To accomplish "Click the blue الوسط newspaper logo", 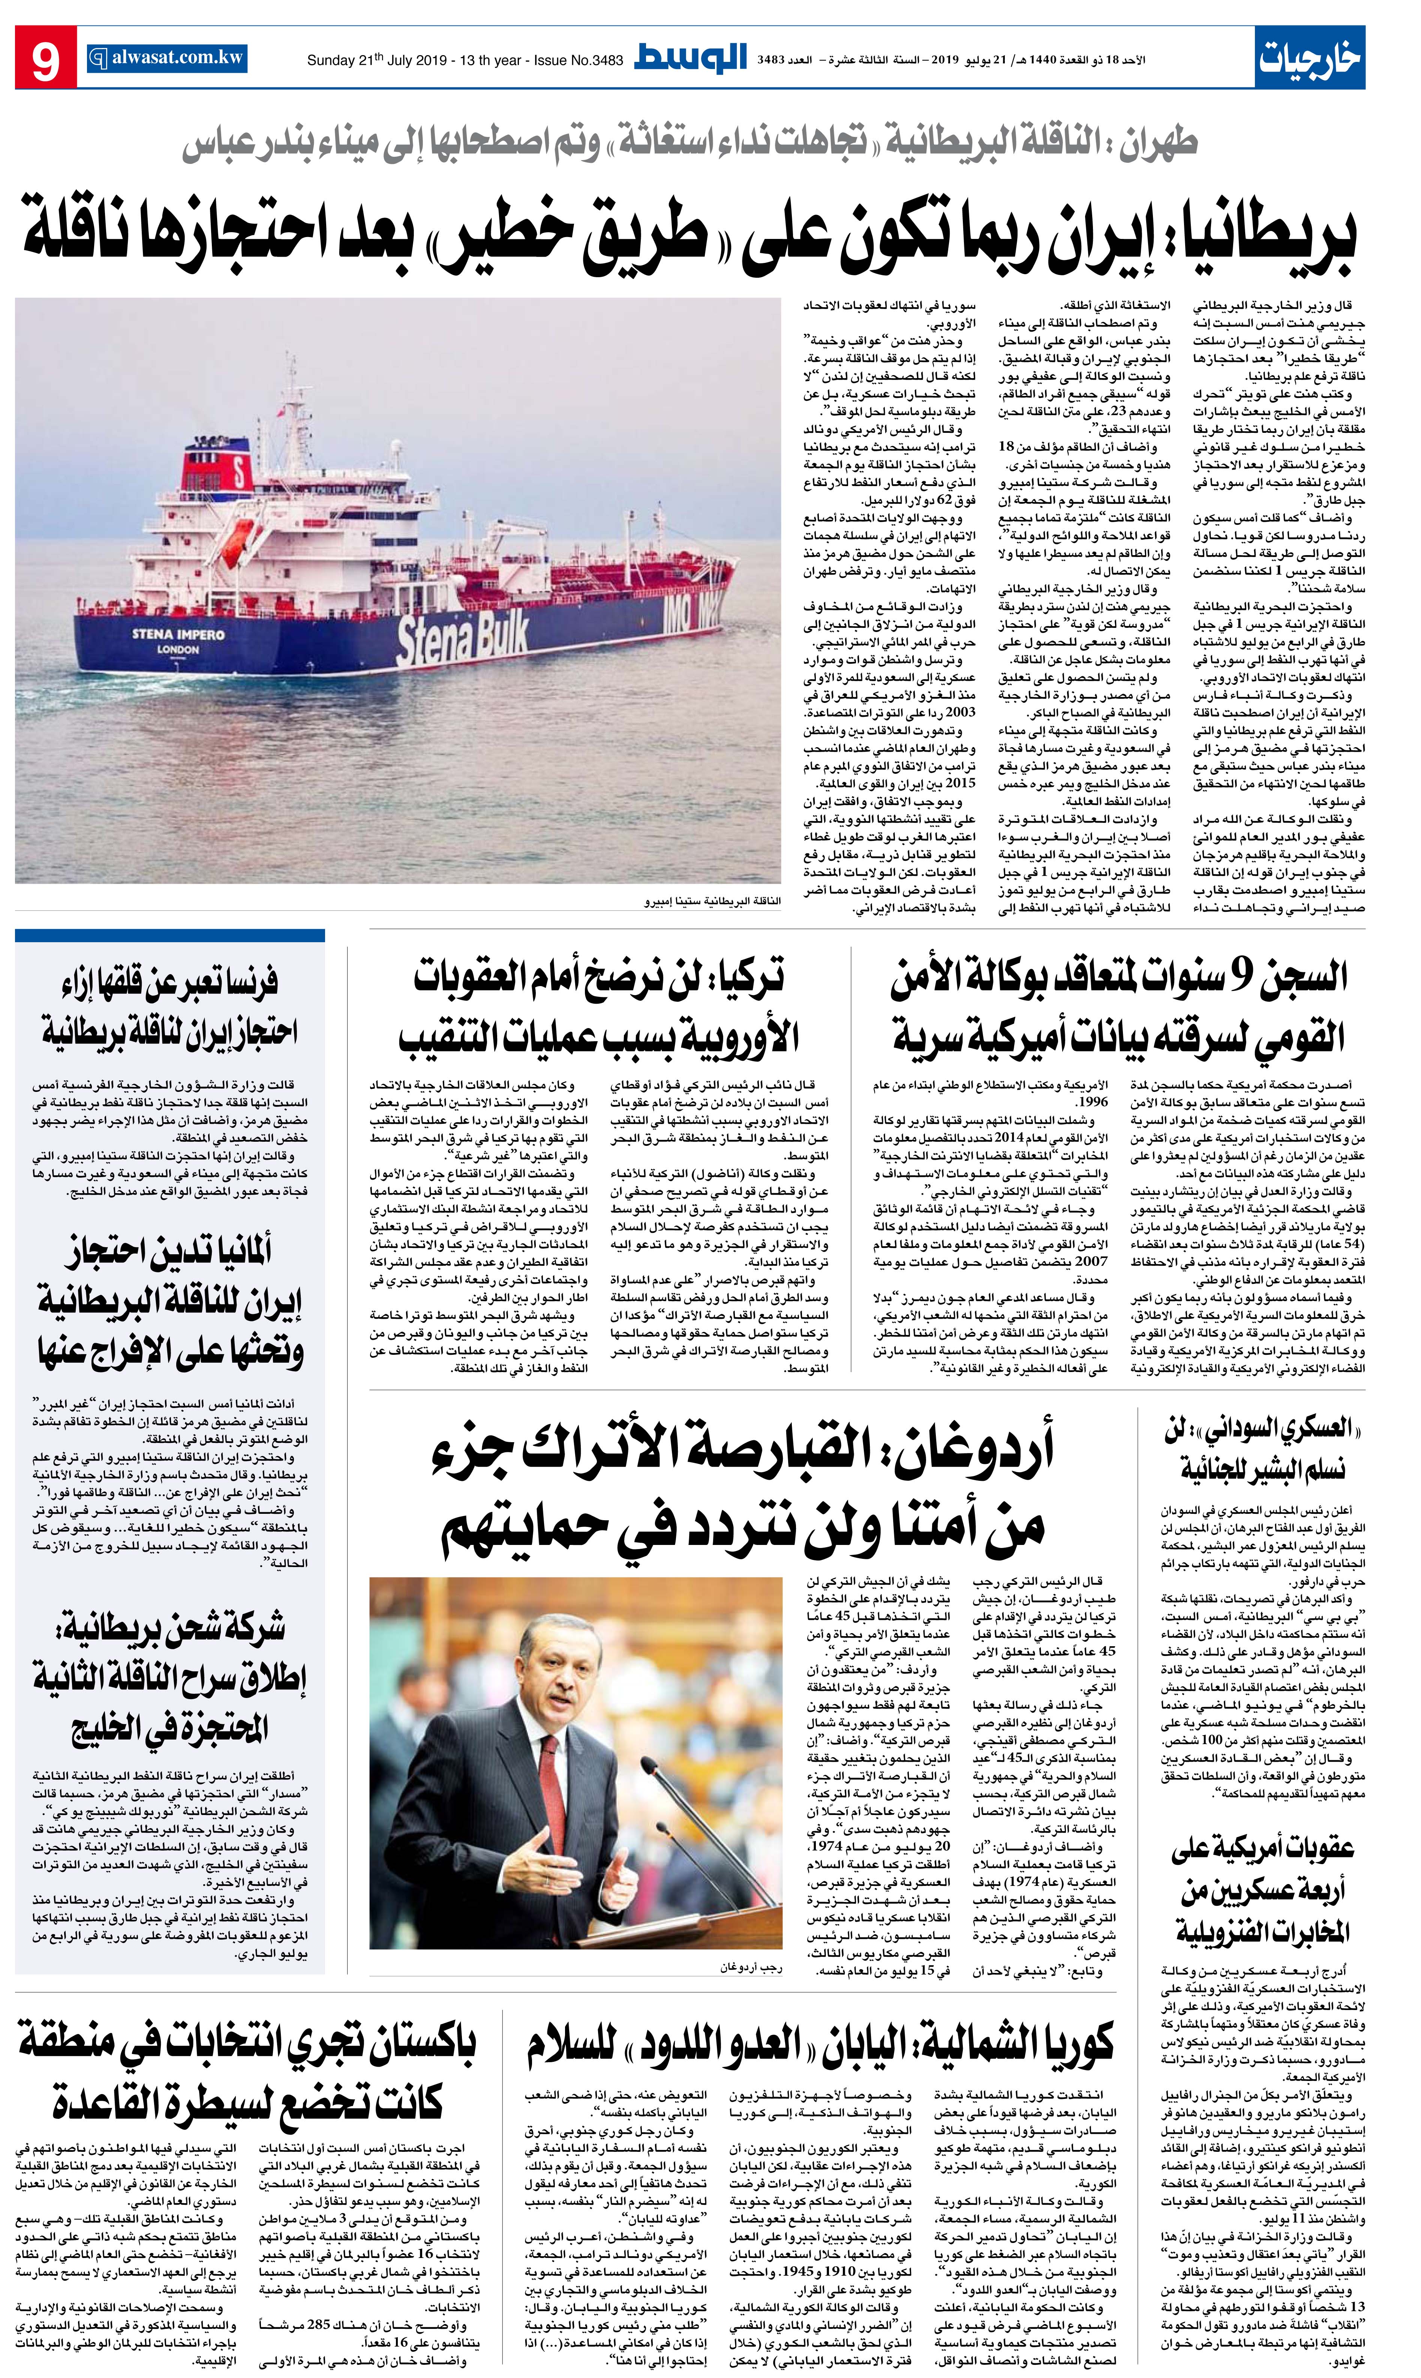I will [x=690, y=57].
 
